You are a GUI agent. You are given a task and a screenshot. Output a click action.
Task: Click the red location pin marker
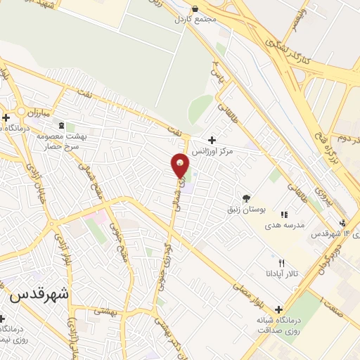[181, 166]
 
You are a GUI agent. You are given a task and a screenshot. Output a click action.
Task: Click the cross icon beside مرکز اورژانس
[212, 141]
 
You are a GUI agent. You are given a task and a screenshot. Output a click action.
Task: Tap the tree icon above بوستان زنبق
[245, 198]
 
